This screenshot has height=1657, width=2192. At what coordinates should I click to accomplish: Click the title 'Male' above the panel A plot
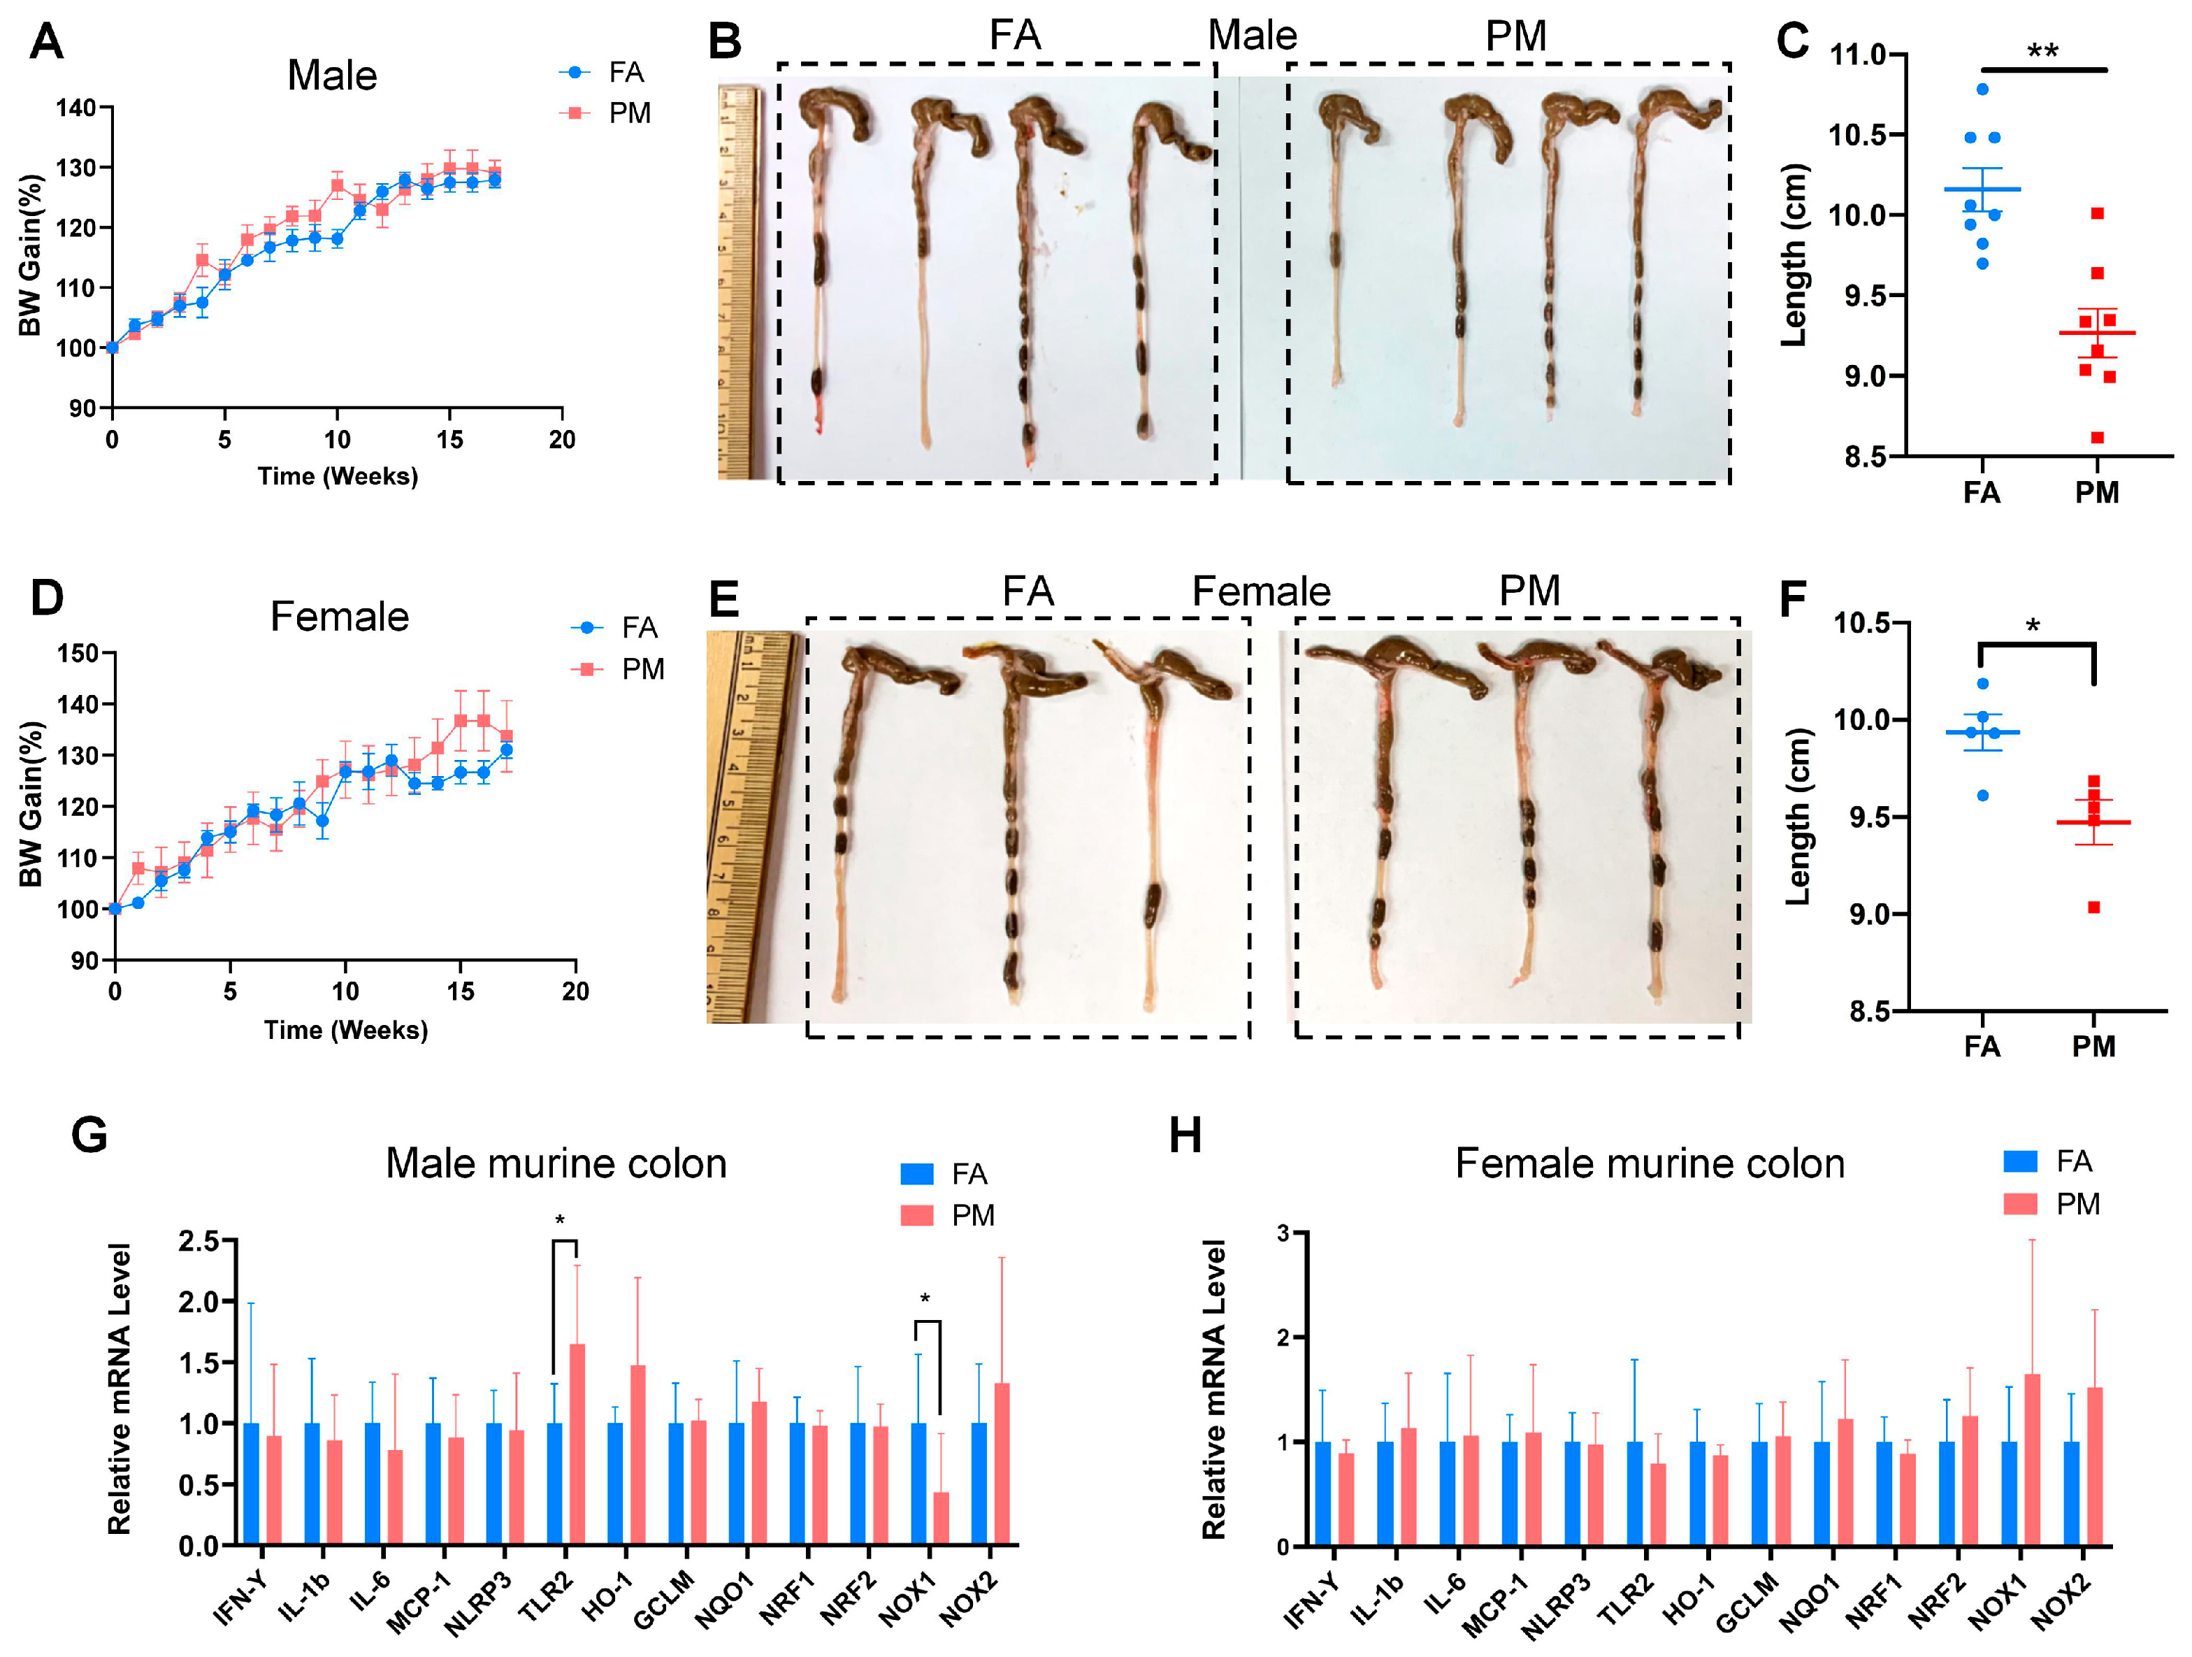[x=331, y=76]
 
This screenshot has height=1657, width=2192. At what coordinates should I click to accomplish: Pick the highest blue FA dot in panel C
[x=1982, y=89]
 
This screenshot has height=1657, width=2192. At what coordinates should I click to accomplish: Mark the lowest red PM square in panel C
[x=2097, y=437]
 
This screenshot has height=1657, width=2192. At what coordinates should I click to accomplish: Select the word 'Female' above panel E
[x=1260, y=591]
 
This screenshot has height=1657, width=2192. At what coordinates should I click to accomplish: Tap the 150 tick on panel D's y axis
[x=78, y=653]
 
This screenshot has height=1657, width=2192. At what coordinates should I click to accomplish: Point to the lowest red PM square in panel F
[x=2094, y=907]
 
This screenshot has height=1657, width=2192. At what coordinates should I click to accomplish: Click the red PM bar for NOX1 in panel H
[x=2031, y=1459]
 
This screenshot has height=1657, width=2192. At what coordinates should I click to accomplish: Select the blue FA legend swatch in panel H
[x=2019, y=1161]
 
